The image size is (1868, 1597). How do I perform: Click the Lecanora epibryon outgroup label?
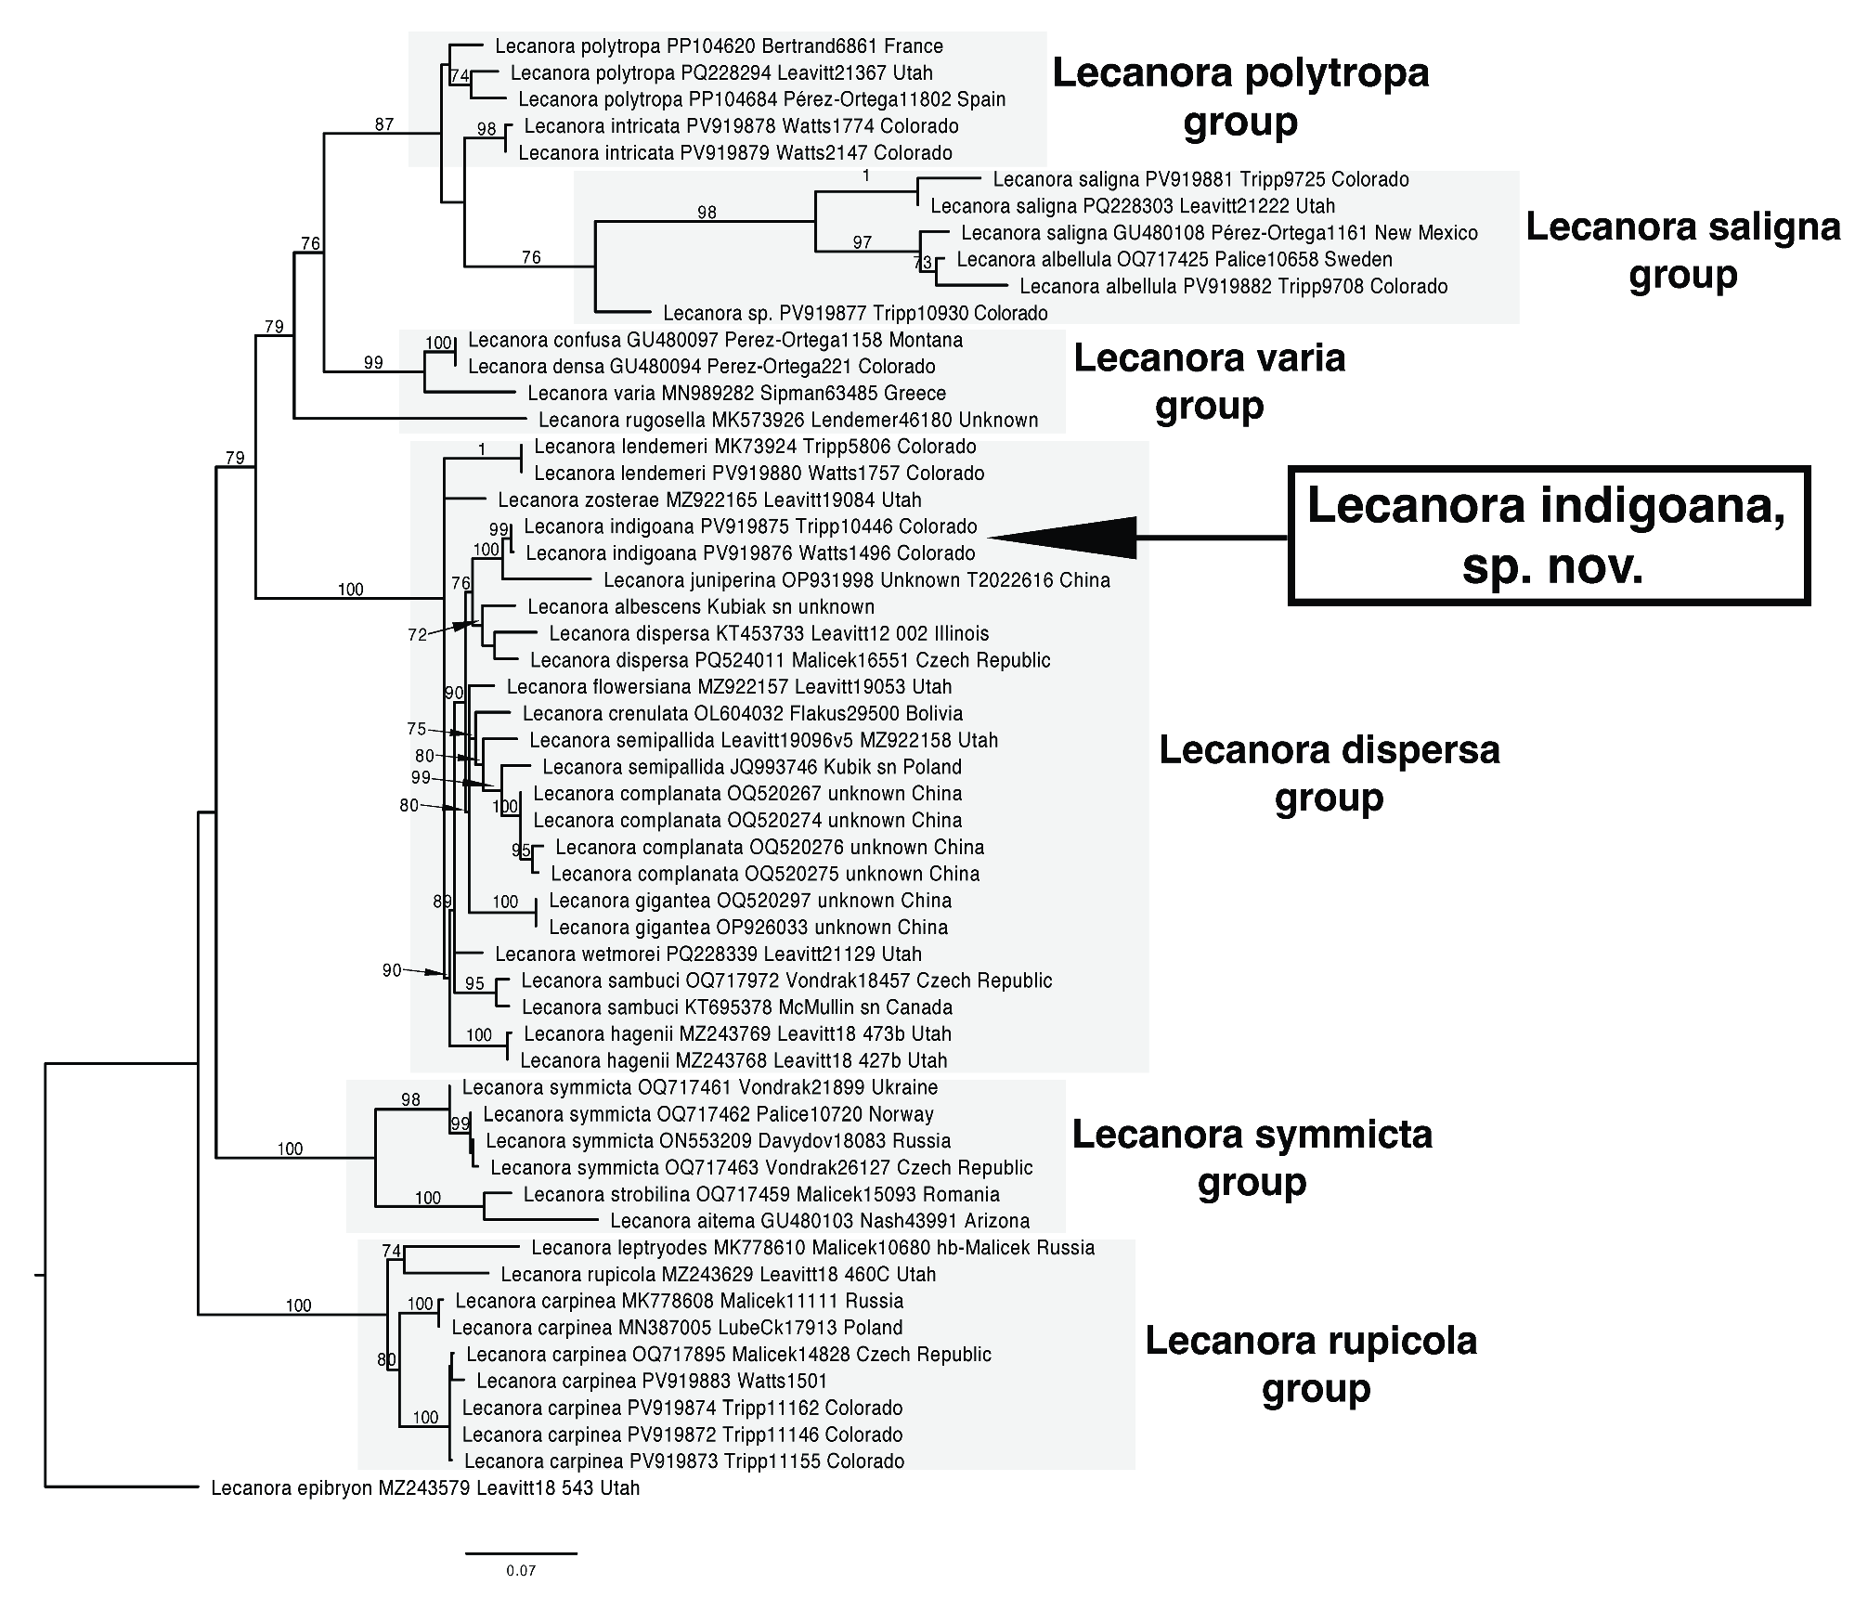tap(424, 1488)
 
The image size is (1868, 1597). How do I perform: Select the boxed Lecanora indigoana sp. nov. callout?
tap(1549, 536)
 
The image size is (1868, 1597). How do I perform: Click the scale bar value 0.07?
tap(521, 1571)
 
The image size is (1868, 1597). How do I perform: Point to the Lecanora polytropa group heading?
tap(1240, 97)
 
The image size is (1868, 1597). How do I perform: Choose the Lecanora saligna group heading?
tap(1682, 251)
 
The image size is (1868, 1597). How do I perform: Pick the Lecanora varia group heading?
tap(1209, 381)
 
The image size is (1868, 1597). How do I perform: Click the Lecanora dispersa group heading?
tap(1329, 773)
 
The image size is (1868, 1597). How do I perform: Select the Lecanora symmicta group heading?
tap(1252, 1157)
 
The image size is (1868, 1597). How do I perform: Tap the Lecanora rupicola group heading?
tap(1311, 1364)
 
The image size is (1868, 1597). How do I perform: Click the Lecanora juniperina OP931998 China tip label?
tap(856, 580)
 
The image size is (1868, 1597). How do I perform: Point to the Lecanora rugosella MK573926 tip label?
tap(787, 420)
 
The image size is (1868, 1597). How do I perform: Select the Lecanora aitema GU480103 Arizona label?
tap(819, 1221)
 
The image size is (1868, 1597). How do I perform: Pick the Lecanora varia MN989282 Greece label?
tap(736, 393)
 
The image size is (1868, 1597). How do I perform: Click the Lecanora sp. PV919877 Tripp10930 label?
tap(855, 313)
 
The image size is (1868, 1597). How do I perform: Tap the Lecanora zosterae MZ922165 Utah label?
tap(709, 500)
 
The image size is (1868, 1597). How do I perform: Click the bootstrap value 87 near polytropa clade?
tap(384, 124)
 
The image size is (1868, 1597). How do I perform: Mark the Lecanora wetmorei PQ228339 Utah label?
tap(707, 954)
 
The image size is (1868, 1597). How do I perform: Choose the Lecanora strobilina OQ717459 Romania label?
tap(761, 1194)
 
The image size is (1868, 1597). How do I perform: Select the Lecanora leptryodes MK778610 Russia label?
tap(812, 1248)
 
